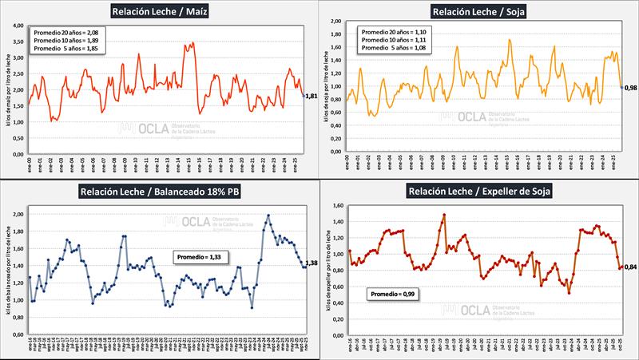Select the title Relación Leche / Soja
(478, 11)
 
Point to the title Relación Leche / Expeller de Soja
(477, 192)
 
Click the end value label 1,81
(312, 97)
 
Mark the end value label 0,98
(630, 88)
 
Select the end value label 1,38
(312, 263)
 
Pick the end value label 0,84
(630, 267)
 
